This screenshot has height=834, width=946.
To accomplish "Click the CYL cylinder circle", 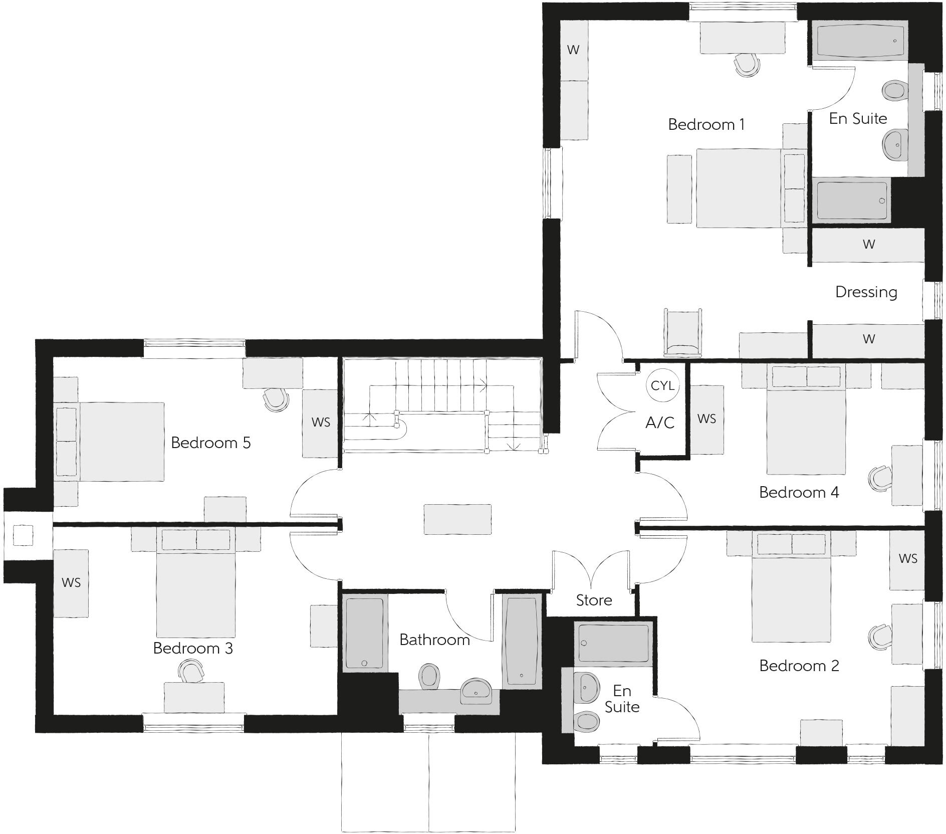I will tap(662, 385).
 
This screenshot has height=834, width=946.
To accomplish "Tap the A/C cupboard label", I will tap(660, 423).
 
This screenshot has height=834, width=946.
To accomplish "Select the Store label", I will tap(594, 600).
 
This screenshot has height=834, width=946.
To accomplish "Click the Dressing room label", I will tap(866, 292).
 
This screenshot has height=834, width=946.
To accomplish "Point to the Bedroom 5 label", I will tap(210, 443).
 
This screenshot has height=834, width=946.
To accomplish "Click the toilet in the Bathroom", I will tap(428, 676).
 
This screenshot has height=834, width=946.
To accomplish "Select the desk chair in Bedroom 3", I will tap(191, 671).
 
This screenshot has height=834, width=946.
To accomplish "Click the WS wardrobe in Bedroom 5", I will tap(321, 423).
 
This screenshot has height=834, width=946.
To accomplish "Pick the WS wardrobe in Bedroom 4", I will tap(706, 419).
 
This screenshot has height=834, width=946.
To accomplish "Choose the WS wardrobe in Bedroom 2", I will tap(907, 559).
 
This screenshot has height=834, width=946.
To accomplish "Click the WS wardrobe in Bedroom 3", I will tap(71, 583).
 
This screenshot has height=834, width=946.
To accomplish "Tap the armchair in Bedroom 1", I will tap(682, 331).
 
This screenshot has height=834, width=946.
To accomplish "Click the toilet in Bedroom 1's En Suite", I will tap(893, 91).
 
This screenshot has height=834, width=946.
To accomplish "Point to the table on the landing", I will tap(457, 519).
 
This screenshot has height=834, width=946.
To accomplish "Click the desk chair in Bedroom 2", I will tap(880, 635).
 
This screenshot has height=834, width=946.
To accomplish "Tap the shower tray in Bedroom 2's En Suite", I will tap(614, 643).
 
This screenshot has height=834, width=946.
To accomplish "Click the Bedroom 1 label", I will tap(706, 124).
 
